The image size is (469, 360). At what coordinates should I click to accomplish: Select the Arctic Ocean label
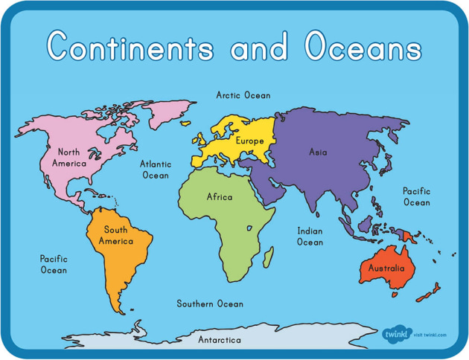pos(243,95)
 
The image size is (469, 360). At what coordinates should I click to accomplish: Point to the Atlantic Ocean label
pos(156,170)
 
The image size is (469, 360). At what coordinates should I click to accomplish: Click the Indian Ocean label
pos(310,237)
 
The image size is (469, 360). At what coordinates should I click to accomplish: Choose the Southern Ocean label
pos(210,303)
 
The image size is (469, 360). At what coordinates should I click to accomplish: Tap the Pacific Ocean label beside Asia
pos(417,196)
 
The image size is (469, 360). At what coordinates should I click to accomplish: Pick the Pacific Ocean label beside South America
pos(54,264)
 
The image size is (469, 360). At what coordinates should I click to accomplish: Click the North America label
pos(68,158)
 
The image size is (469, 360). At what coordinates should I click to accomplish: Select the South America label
pos(119,235)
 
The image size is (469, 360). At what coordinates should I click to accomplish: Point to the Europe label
pos(249,141)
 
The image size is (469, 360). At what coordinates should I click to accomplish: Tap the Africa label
pos(220,197)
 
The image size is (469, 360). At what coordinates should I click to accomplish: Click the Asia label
pos(318,152)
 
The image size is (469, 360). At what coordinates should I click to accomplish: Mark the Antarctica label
pos(220,340)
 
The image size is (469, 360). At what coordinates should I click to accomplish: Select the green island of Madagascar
pos(267,257)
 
